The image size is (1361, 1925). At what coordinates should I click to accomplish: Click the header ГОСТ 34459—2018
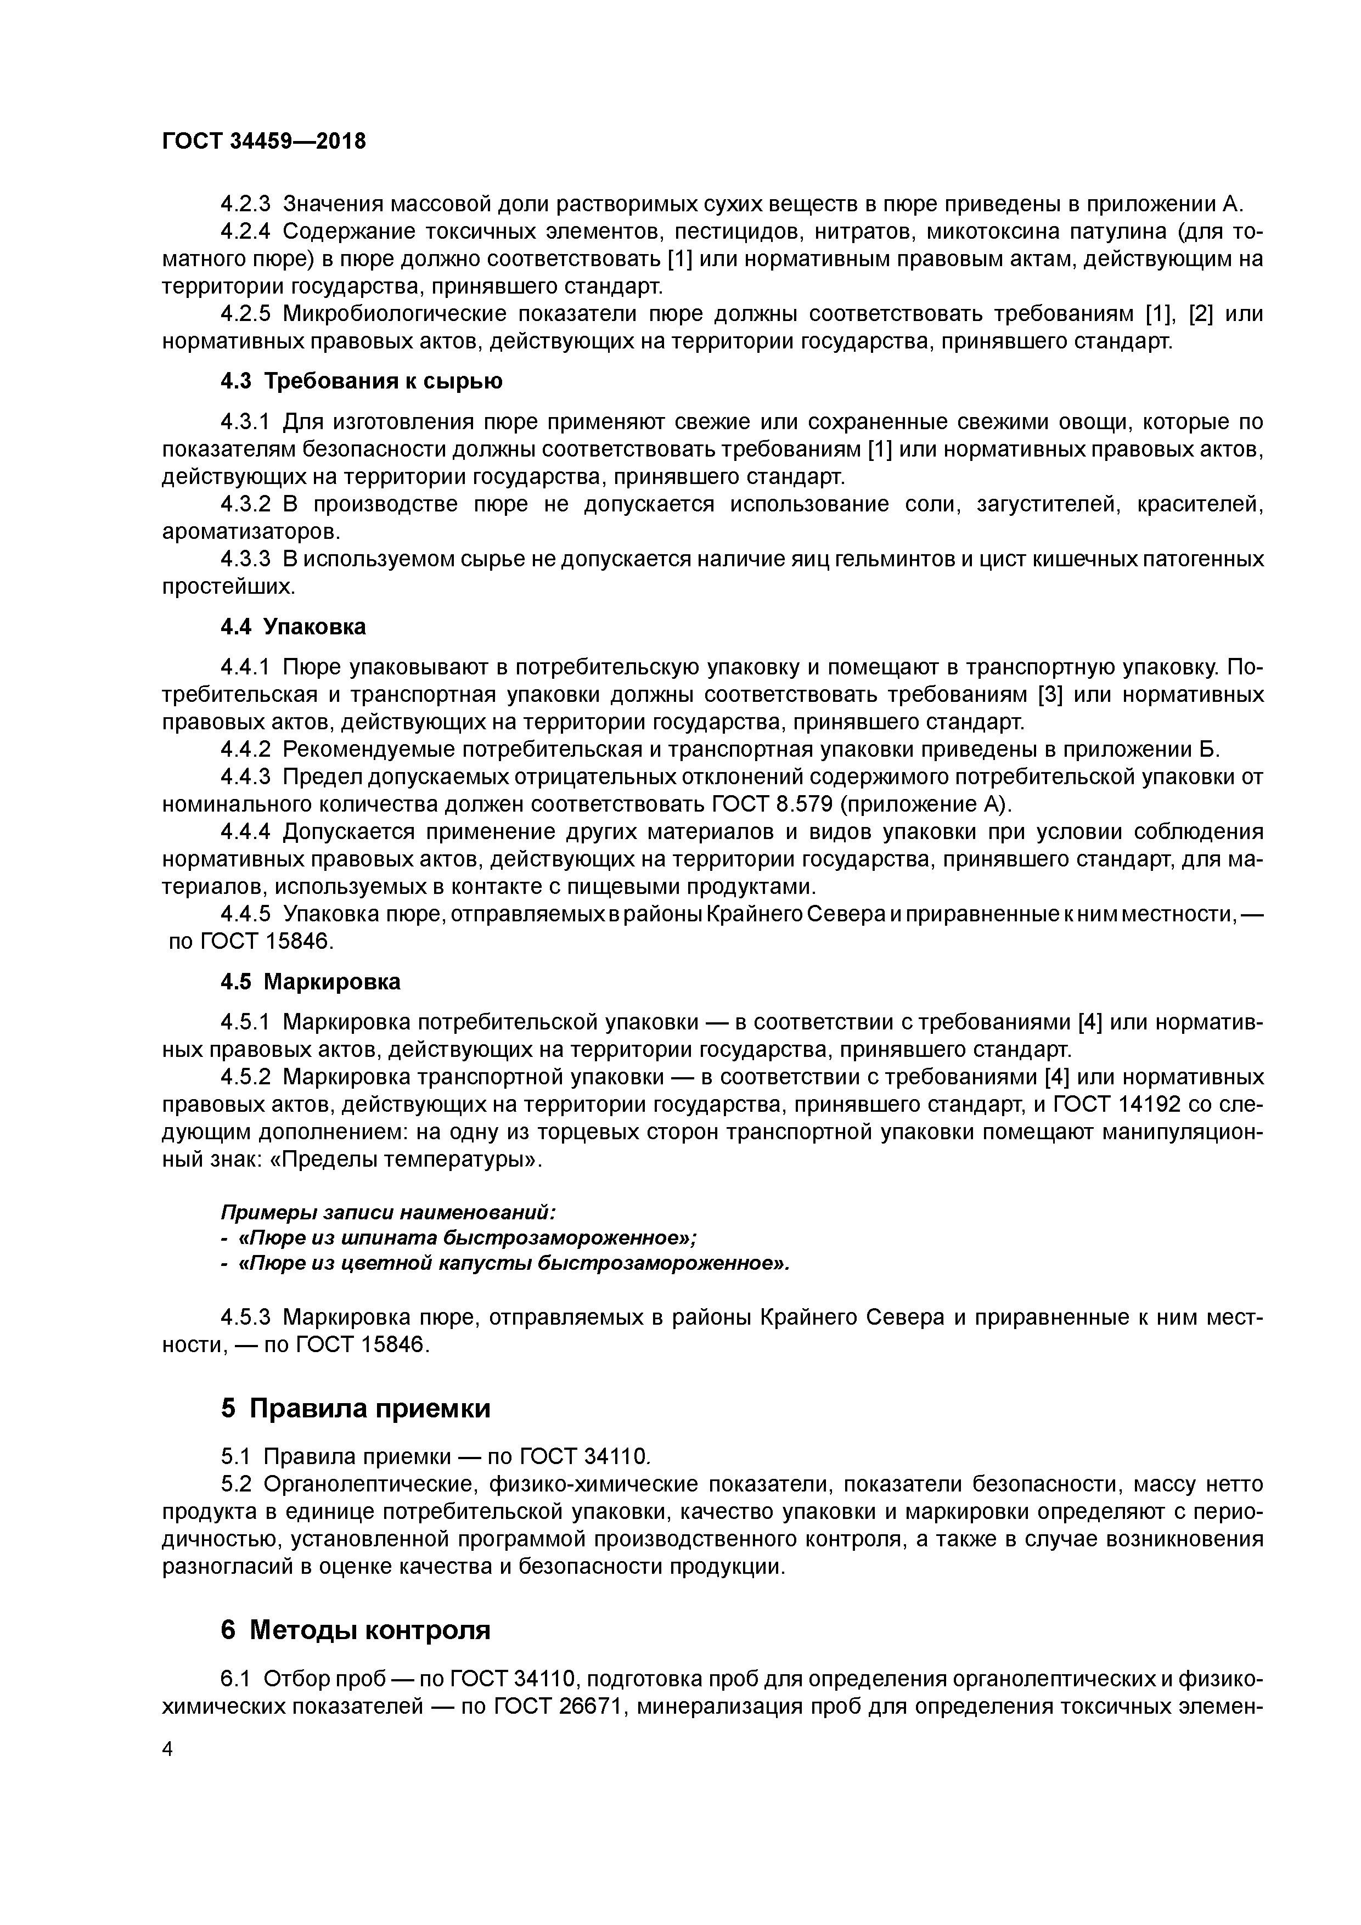(263, 141)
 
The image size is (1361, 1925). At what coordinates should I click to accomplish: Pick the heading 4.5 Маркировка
(310, 982)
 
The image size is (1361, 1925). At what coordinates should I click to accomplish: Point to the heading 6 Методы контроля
(356, 1629)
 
